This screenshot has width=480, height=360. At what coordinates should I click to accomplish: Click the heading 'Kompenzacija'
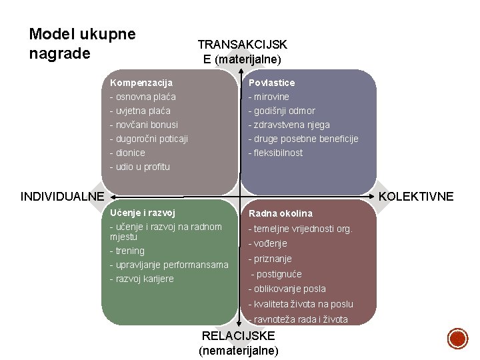click(x=141, y=83)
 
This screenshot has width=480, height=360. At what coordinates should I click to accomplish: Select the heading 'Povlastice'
click(x=271, y=83)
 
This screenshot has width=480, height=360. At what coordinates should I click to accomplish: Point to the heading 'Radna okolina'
click(x=280, y=213)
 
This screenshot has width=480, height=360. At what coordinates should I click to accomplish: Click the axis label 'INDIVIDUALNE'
click(x=63, y=197)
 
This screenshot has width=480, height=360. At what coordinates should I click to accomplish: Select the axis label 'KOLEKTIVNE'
click(x=416, y=197)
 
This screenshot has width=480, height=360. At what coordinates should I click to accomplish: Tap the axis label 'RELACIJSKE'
click(x=238, y=337)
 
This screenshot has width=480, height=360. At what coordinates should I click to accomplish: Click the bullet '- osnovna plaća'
click(x=143, y=97)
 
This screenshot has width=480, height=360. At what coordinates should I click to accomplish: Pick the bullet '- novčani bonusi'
click(x=144, y=125)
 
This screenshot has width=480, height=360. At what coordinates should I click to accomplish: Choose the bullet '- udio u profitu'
click(x=140, y=167)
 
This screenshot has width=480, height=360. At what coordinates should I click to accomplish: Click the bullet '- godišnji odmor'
click(x=281, y=111)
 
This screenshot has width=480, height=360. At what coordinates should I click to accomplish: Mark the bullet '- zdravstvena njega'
click(x=289, y=125)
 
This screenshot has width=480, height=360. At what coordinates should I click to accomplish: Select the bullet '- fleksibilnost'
click(x=275, y=153)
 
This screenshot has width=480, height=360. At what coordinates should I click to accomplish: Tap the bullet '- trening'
click(x=127, y=251)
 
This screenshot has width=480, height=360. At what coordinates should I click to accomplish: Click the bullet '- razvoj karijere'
click(x=141, y=279)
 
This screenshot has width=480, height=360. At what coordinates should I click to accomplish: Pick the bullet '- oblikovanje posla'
click(x=287, y=289)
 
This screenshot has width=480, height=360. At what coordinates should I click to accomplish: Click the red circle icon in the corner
click(x=457, y=338)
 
